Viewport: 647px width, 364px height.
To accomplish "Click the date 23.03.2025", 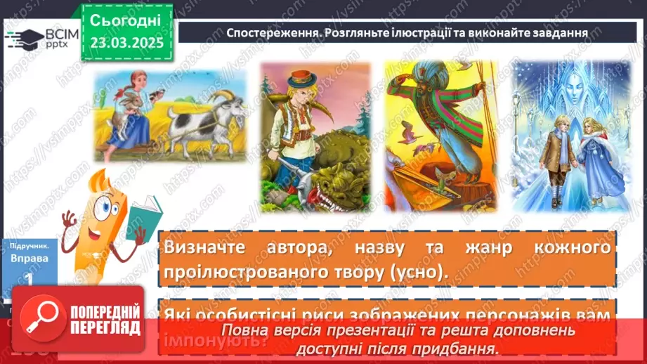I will pyautogui.click(x=126, y=43).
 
